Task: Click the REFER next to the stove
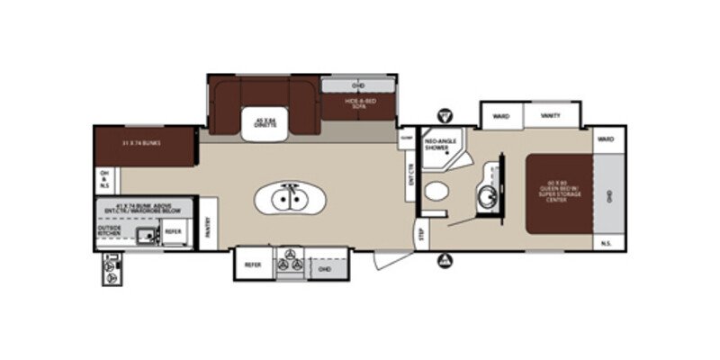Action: click(252, 265)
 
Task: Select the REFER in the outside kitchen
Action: click(174, 232)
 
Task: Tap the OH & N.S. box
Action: click(103, 177)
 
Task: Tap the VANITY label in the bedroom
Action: click(551, 115)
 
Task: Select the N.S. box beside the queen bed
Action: click(607, 240)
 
